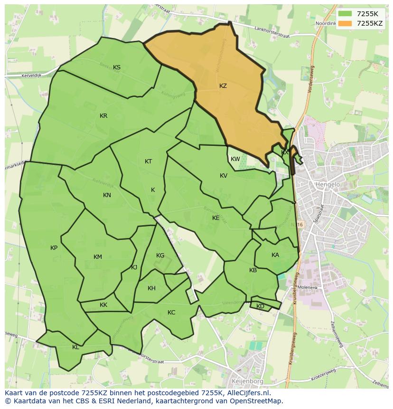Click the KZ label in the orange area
(x=223, y=86)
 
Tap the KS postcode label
(x=117, y=67)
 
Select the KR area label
(x=103, y=116)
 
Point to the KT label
(x=148, y=162)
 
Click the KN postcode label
(x=107, y=195)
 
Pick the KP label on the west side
(x=54, y=248)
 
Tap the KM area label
(x=98, y=257)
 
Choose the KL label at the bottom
(x=75, y=347)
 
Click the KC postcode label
(x=171, y=312)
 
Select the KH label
(x=151, y=288)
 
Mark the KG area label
(x=160, y=256)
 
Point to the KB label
(x=253, y=270)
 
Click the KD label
(x=260, y=306)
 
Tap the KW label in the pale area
(x=235, y=159)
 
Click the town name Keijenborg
(x=247, y=381)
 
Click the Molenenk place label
(x=308, y=288)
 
